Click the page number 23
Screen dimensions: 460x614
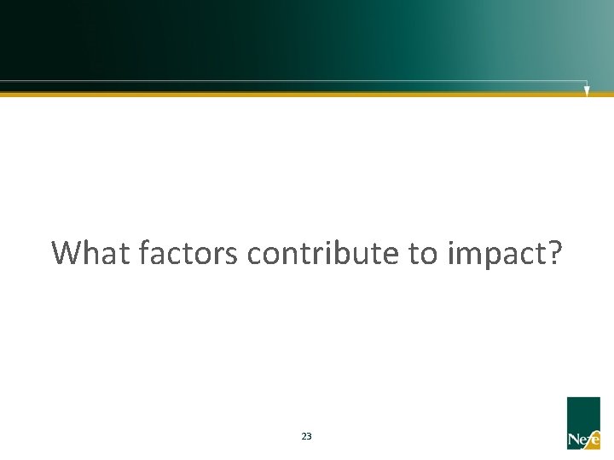(307, 436)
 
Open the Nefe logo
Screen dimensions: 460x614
(583, 423)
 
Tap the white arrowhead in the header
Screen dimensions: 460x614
(587, 91)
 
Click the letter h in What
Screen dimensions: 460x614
(90, 252)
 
